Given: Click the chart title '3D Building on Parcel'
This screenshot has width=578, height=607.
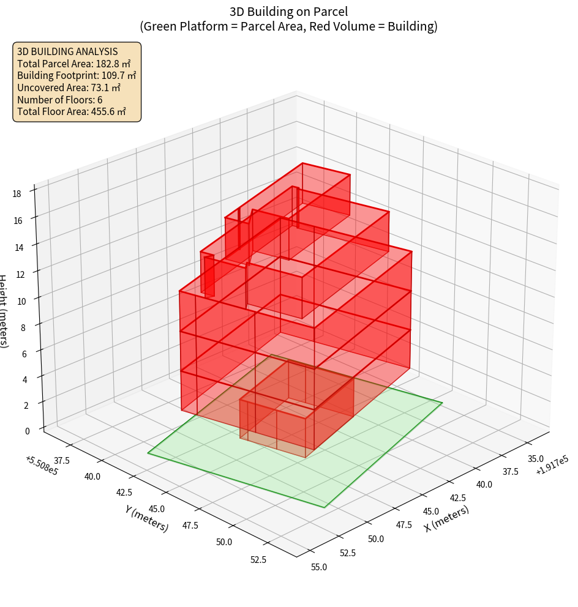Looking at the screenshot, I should click(x=288, y=11).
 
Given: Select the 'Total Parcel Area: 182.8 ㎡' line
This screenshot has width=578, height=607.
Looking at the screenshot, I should click(x=74, y=64).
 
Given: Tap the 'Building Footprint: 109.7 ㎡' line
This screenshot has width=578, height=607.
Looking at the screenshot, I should click(x=77, y=75).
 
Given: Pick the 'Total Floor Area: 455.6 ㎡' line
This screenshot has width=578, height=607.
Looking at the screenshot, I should click(x=72, y=112).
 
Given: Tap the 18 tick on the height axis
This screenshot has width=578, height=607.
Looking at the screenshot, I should click(x=17, y=194).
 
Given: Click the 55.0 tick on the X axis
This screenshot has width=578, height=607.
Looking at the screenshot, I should click(x=318, y=567).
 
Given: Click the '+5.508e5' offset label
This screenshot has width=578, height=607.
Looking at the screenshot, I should click(x=42, y=466).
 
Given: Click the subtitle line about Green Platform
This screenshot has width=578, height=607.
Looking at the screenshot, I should click(x=288, y=26).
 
